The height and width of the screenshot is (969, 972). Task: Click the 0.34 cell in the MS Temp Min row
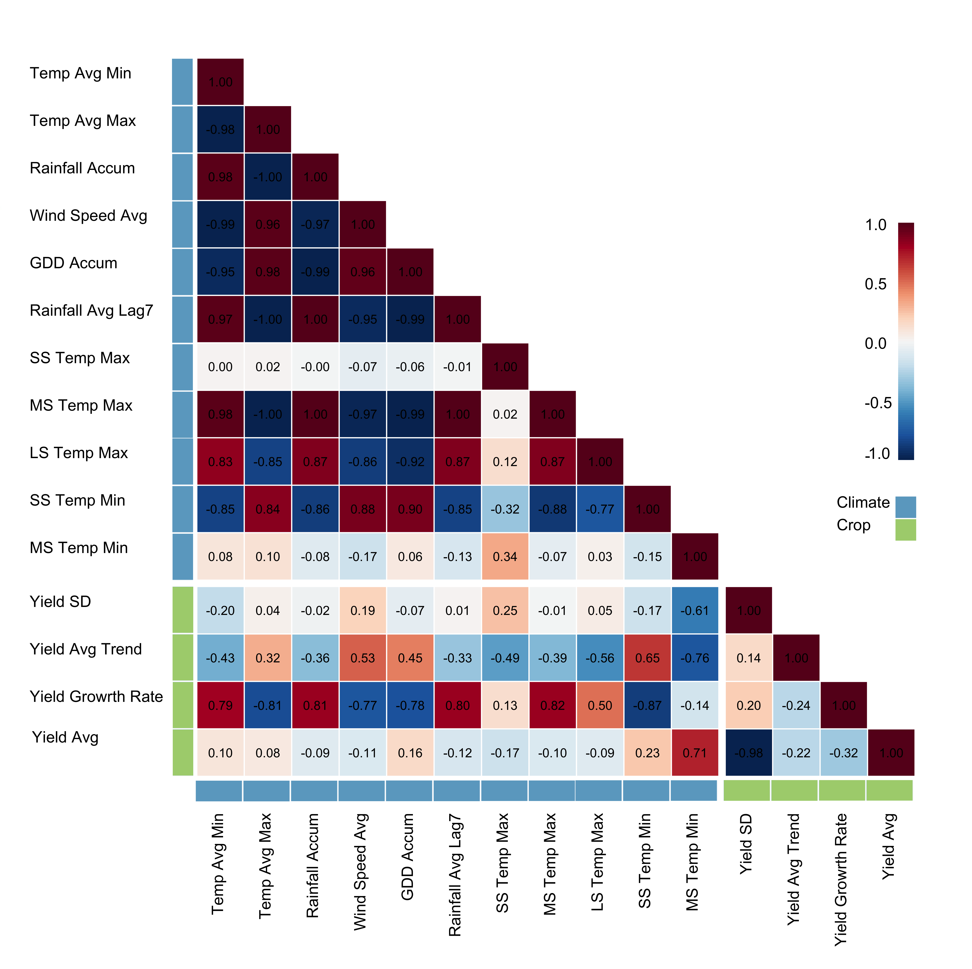coord(505,556)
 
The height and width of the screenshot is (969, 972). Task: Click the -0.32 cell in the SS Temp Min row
coord(505,509)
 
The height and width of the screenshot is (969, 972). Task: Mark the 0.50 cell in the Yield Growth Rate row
coord(600,705)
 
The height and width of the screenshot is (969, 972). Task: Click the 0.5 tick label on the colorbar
coord(875,284)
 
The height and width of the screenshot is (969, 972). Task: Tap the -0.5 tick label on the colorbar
coord(877,403)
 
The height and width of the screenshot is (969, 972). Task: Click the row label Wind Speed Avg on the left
coord(88,215)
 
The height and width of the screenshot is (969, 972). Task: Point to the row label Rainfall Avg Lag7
coord(91,310)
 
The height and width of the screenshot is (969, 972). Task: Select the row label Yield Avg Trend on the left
coord(86,649)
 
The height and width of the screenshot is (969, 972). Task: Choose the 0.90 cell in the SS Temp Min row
coord(410,509)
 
